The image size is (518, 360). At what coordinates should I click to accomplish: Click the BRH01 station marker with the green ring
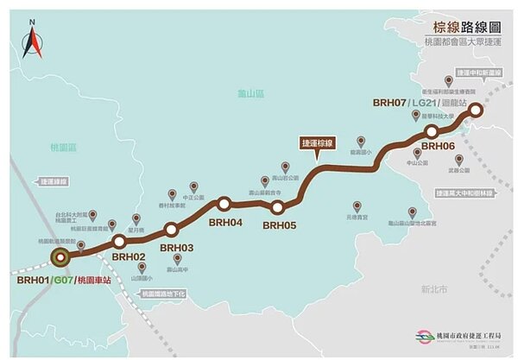[60, 257]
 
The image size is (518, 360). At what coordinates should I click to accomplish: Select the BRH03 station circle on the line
[171, 230]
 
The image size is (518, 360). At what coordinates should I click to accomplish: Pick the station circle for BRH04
[224, 205]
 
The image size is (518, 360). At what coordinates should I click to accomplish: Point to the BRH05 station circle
[278, 207]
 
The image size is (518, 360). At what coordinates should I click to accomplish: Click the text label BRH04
[225, 223]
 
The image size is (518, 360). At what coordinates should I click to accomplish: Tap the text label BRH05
[280, 225]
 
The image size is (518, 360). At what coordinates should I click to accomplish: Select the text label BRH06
[439, 147]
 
